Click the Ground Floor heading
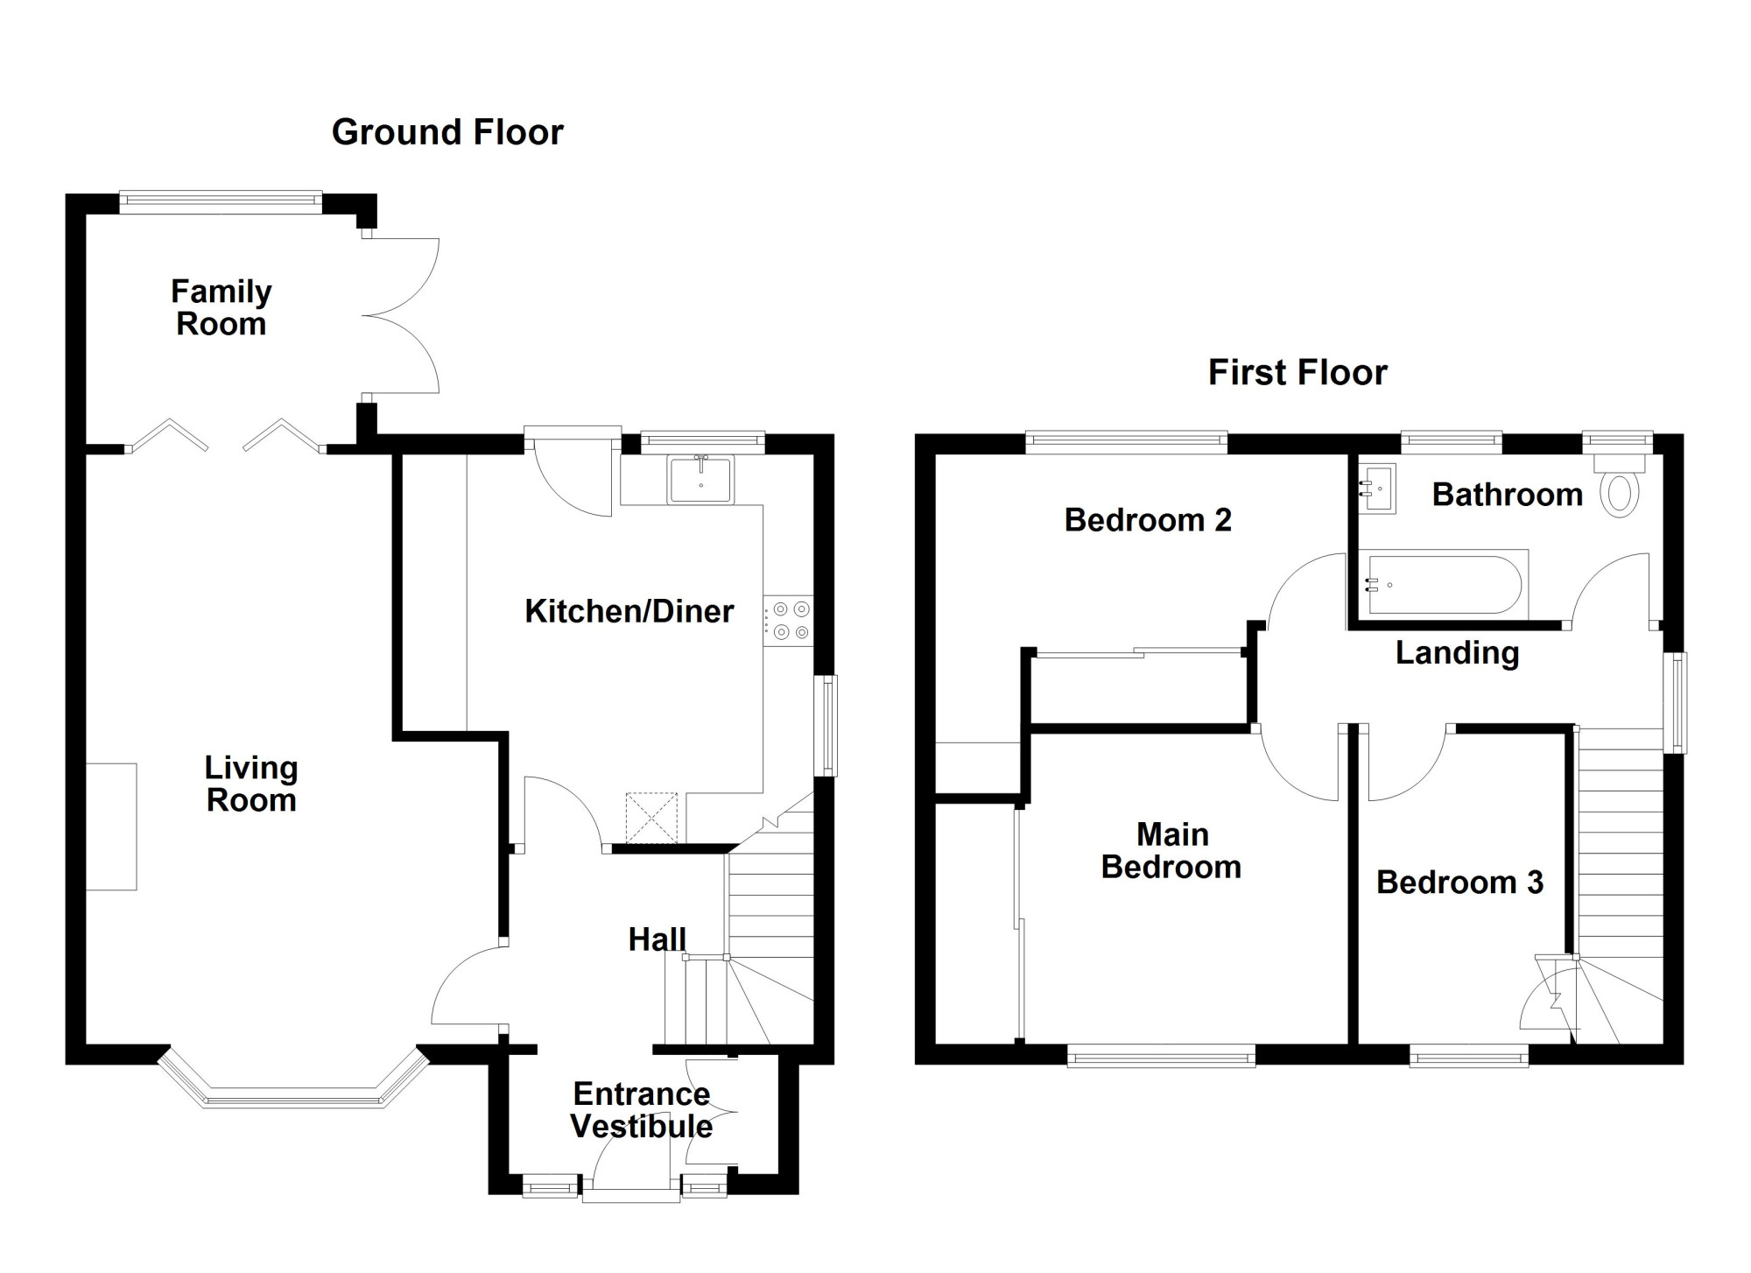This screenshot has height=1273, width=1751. point(447,133)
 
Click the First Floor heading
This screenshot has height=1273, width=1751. point(1297,373)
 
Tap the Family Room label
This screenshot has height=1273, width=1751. point(221,307)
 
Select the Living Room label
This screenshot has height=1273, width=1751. point(251,784)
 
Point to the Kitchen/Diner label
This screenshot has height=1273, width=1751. point(629,611)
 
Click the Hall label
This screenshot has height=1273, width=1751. point(657,939)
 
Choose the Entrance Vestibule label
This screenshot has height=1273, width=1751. point(642,1110)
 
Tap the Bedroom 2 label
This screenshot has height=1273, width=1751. point(1148,520)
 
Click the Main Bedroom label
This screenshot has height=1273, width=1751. point(1171,850)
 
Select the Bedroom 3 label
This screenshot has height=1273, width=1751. point(1459,882)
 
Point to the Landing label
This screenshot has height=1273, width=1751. point(1457,652)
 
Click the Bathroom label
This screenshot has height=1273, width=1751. point(1507,495)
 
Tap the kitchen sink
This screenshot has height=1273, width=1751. point(700,480)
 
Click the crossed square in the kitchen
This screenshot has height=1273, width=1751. point(651,818)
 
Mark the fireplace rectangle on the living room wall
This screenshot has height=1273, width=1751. point(111,826)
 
